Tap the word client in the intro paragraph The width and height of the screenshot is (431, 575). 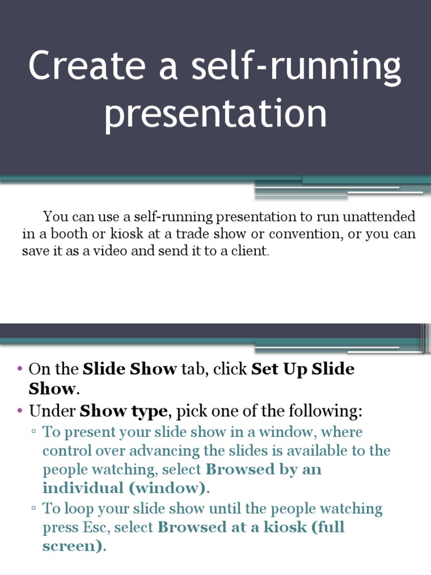[x=252, y=250]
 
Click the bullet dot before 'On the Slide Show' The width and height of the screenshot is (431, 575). [x=20, y=369]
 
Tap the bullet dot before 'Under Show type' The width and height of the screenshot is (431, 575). [x=20, y=411]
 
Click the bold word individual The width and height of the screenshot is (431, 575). [x=82, y=488]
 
